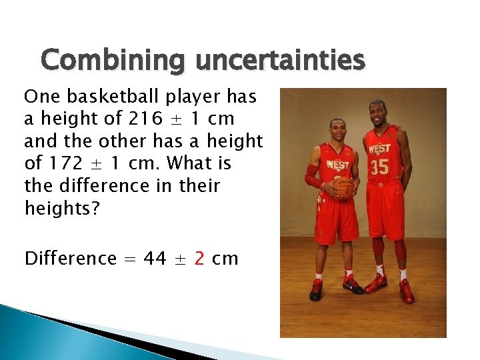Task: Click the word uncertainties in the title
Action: click(x=280, y=61)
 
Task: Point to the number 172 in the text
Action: click(x=65, y=163)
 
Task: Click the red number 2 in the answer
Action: click(x=199, y=259)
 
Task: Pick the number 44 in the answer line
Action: click(x=155, y=259)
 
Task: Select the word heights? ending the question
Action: click(x=62, y=209)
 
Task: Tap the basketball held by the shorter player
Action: click(x=343, y=187)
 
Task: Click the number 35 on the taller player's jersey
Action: click(x=379, y=167)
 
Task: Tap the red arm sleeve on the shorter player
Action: click(x=312, y=177)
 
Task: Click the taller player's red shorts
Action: click(x=385, y=210)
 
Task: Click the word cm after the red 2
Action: click(x=225, y=259)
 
